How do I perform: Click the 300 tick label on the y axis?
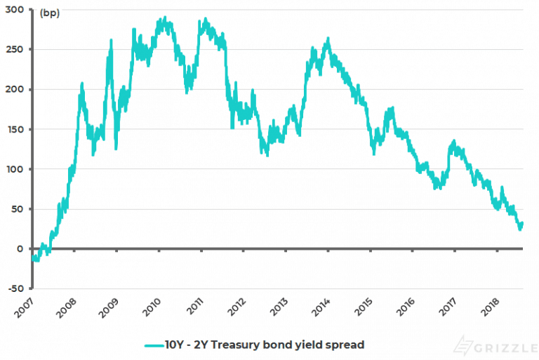point(15,11)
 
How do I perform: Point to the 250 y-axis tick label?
point(15,50)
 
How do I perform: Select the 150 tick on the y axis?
point(15,130)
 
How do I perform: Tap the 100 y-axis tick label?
point(15,169)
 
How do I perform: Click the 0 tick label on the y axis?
point(21,248)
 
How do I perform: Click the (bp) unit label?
point(50,13)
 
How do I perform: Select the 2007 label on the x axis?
point(23,306)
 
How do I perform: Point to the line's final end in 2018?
point(522,224)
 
